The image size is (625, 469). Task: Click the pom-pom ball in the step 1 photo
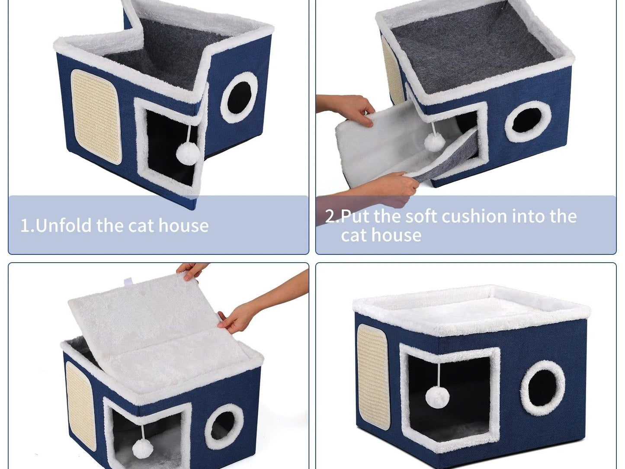[x=188, y=153]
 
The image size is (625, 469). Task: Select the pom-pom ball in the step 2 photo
[x=434, y=142]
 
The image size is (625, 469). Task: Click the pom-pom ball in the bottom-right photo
[x=438, y=398]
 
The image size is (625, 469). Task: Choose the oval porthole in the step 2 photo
[x=528, y=121]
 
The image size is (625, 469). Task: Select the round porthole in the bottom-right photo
[x=543, y=388]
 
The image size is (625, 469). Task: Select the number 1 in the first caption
[x=25, y=226]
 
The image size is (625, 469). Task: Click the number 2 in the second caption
[x=330, y=216]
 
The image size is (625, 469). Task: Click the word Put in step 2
[x=356, y=216]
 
